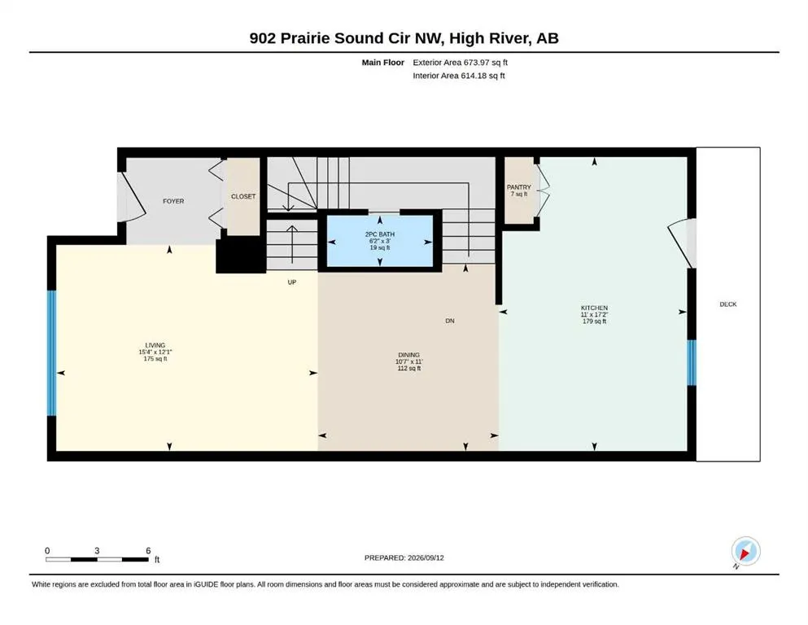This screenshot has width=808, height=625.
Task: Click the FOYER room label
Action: [x=173, y=202]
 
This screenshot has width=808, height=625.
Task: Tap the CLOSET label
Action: [x=243, y=197]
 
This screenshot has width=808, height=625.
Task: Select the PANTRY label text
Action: [x=518, y=187]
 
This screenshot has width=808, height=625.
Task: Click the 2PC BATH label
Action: [x=380, y=234]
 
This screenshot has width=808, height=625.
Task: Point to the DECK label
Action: [x=728, y=304]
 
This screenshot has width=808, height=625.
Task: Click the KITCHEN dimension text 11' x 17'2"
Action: [x=594, y=314]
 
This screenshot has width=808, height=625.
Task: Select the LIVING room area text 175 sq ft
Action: [x=155, y=359]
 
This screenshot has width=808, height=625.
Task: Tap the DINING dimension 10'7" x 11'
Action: [x=408, y=361]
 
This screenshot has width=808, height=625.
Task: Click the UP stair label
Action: [x=291, y=282]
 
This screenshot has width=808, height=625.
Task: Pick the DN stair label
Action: [x=450, y=321]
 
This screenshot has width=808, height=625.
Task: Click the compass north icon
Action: [x=745, y=551]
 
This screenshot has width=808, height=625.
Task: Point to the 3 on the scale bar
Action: [x=97, y=551]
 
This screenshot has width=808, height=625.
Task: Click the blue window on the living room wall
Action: [x=51, y=353]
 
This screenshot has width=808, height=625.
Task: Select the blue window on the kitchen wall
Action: [x=692, y=363]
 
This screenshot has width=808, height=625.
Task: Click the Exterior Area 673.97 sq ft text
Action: [x=461, y=63]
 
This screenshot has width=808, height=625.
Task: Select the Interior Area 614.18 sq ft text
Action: [x=459, y=76]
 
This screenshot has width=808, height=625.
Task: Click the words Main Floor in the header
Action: [x=383, y=63]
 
